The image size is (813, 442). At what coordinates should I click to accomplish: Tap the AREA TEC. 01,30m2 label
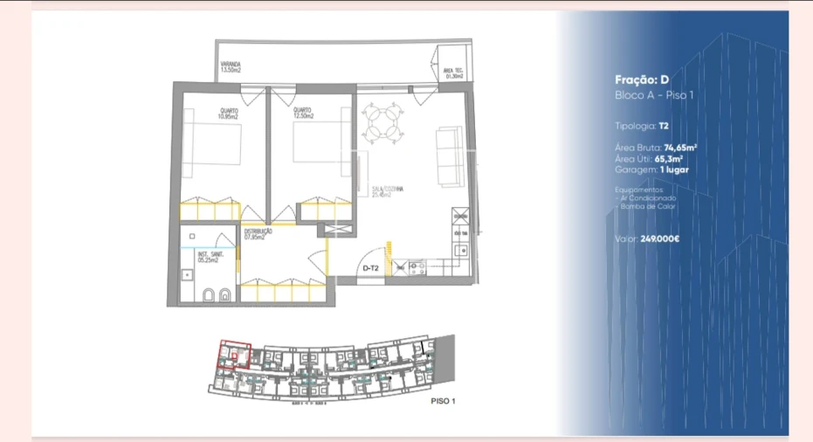[453, 73]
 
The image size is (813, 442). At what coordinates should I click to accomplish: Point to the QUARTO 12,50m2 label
[303, 113]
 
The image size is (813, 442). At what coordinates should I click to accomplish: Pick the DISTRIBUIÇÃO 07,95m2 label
[258, 233]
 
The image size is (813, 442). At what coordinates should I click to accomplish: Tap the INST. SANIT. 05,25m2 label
[209, 256]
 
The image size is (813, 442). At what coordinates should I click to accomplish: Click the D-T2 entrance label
[370, 269]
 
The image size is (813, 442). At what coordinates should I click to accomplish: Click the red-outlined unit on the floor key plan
[234, 356]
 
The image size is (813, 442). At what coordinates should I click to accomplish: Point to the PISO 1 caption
[444, 402]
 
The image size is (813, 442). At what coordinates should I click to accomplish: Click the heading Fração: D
[641, 79]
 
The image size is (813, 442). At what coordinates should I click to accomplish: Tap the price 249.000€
[660, 238]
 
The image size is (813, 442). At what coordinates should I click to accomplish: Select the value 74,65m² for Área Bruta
[680, 148]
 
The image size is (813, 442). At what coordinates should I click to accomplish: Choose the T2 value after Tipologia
[665, 126]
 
